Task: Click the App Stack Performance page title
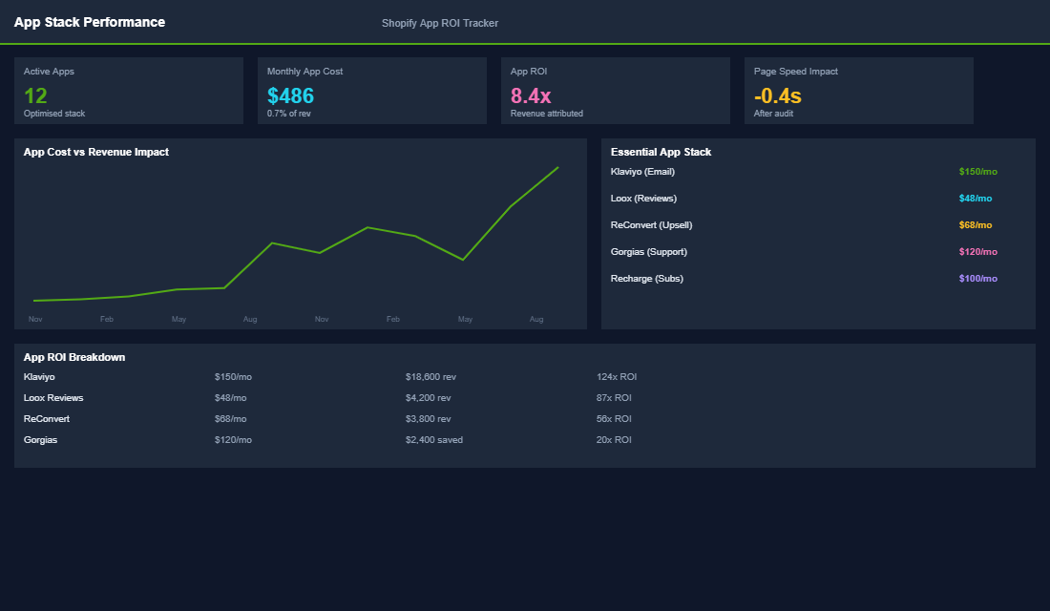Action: coord(89,22)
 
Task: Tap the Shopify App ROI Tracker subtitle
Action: coord(439,23)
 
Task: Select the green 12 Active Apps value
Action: coord(35,95)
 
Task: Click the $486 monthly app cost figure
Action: coord(290,95)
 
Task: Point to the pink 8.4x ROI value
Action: coord(531,95)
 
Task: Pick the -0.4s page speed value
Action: coord(777,95)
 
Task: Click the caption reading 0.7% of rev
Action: coord(288,114)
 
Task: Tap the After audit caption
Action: coord(773,114)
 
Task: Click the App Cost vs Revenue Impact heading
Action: coord(95,152)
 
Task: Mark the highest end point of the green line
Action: coord(557,167)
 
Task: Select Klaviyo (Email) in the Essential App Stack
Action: coord(642,172)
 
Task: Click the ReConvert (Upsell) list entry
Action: coord(651,225)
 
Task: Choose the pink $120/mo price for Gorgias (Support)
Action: coord(977,252)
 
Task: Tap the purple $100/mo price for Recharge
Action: coord(977,279)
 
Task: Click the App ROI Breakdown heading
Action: coord(74,357)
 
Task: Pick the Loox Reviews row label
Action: coord(53,398)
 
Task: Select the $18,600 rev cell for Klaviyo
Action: coord(430,377)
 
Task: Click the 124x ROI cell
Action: coord(617,377)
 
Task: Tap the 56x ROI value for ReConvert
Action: coord(614,419)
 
